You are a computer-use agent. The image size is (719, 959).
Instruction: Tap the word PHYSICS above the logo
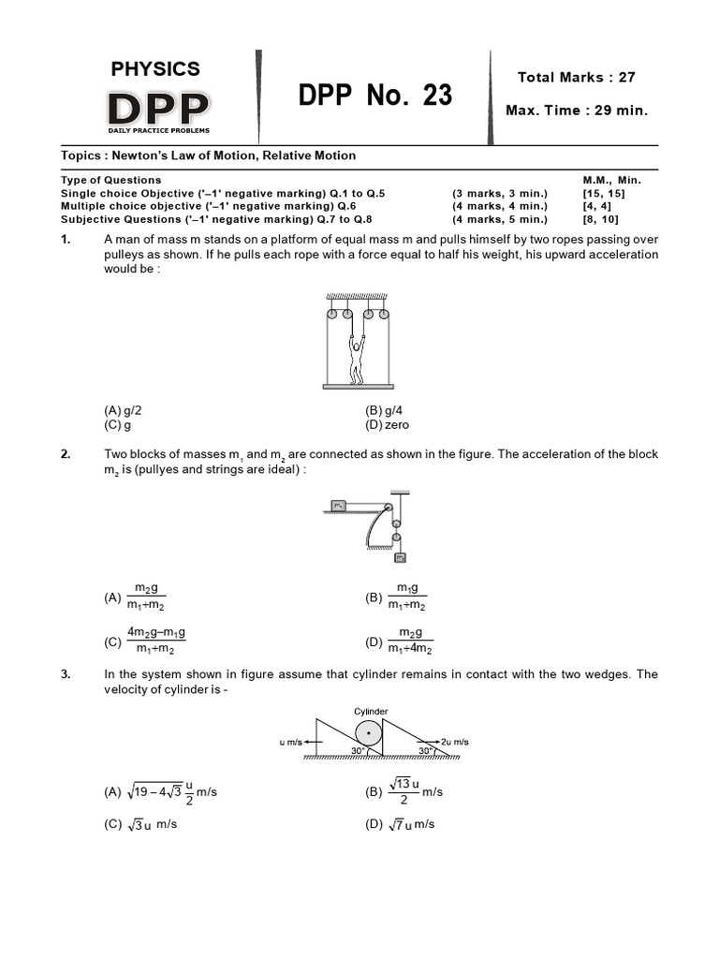155,68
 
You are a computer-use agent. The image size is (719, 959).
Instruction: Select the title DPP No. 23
375,95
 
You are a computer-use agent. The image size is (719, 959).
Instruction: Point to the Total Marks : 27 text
576,77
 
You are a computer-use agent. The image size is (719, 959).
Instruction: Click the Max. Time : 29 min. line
576,111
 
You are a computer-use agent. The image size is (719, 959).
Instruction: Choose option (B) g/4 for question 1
384,410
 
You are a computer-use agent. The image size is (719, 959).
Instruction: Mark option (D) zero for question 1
387,424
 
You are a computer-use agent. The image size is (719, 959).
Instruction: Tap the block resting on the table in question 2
339,507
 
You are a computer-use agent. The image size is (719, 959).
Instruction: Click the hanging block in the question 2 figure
400,558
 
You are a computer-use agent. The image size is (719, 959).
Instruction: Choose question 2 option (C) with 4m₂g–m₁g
145,641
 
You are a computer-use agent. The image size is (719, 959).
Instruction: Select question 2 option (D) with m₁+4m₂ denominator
401,641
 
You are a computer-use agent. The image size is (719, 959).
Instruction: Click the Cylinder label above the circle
371,712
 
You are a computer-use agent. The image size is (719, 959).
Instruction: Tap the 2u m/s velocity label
453,742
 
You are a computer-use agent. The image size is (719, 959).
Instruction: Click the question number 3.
66,673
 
